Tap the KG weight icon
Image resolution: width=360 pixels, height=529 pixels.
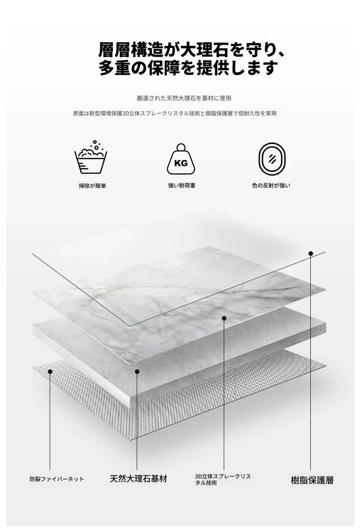pos(180,159)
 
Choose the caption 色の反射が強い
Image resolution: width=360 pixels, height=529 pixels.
pos(271,186)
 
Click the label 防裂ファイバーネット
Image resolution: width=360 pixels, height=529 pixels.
pos(57,479)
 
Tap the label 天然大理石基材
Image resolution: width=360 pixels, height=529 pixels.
pos(139,479)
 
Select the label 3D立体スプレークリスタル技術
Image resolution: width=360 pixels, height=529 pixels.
pos(223,479)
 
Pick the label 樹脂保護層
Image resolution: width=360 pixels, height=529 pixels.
pos(312,480)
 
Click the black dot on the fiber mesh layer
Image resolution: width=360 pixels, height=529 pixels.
pos(50,372)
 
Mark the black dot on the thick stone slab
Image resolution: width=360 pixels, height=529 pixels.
pos(137,372)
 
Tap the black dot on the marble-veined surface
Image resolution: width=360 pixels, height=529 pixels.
pos(224,318)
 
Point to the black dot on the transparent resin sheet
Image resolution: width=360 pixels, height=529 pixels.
pos(311,254)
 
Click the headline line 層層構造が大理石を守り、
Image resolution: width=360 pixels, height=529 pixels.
pos(192,49)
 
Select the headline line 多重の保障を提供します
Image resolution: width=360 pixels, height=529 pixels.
pos(188,68)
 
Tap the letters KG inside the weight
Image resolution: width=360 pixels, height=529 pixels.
pos(180,163)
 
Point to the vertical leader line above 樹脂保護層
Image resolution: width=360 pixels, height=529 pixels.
pos(311,365)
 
